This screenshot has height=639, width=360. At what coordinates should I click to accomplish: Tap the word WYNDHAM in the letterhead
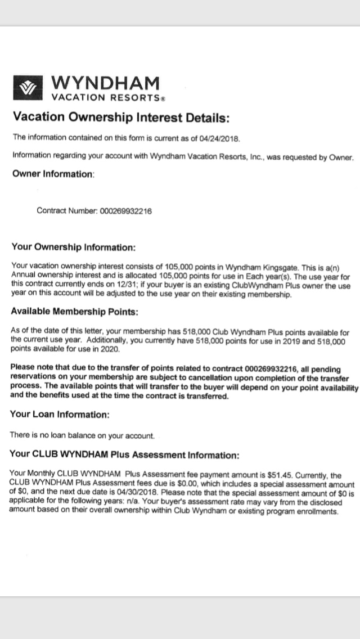105,83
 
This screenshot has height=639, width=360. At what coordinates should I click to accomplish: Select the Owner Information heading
53,174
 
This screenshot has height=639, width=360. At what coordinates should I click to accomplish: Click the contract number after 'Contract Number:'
125,211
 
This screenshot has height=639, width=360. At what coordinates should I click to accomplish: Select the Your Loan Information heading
59,414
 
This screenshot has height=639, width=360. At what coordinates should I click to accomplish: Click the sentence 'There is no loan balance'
82,435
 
